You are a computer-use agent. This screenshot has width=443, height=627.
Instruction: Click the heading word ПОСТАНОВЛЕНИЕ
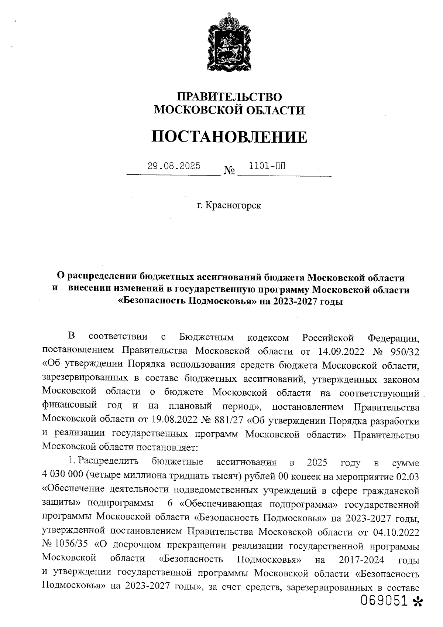click(229, 137)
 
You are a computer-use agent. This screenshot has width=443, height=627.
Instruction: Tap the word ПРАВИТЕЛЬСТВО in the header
click(229, 97)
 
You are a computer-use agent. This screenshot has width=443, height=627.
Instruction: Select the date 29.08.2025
click(174, 166)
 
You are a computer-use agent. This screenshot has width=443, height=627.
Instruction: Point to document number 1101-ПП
click(267, 166)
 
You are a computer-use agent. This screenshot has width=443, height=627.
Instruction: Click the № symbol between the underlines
click(229, 171)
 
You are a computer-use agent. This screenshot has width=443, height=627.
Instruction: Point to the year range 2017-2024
click(361, 560)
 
